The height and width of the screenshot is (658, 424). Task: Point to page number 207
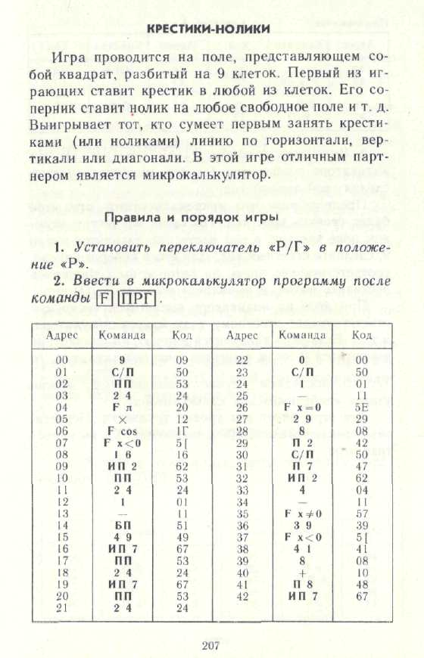pos(210,644)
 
